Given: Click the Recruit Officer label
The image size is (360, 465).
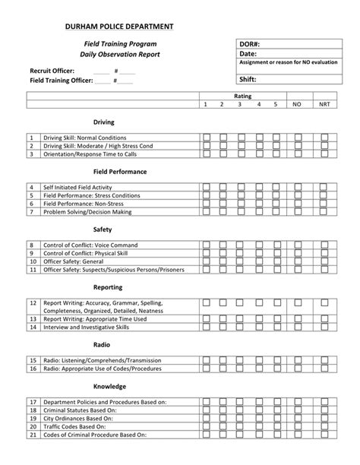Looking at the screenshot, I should [x=52, y=70].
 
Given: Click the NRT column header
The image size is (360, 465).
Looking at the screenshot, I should [x=324, y=103].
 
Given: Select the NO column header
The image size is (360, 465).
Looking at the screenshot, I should [x=297, y=103].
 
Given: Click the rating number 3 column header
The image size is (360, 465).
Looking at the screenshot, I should [x=240, y=103].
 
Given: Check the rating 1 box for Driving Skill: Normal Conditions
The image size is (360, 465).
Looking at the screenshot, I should [x=206, y=138].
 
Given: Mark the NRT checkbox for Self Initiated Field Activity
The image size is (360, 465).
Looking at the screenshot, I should [x=324, y=186].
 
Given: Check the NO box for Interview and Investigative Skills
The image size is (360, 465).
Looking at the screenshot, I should [x=297, y=327].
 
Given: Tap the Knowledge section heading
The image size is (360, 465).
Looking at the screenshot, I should [x=104, y=386].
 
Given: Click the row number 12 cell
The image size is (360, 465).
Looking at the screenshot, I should [x=33, y=302].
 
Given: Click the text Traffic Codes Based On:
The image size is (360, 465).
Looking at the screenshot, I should [x=80, y=427].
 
